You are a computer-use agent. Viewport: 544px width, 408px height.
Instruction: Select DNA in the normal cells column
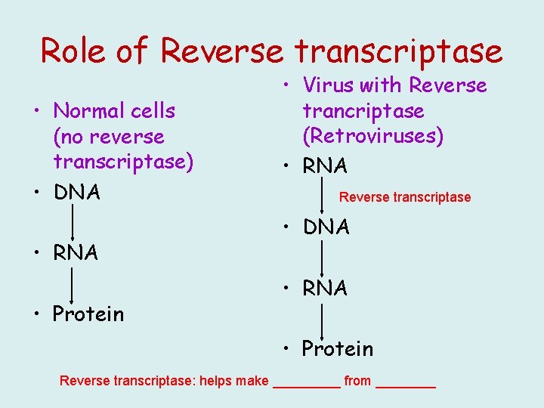(x=76, y=193)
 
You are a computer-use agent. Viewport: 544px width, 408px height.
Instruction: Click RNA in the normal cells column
(x=76, y=253)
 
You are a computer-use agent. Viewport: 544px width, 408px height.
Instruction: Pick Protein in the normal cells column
(x=88, y=314)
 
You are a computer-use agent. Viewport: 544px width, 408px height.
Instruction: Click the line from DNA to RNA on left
(x=73, y=223)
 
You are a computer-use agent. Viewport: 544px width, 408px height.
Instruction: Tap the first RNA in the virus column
(x=325, y=165)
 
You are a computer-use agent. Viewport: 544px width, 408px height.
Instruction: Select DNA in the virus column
(x=326, y=227)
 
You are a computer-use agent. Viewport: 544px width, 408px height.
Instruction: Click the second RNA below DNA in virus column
(x=325, y=288)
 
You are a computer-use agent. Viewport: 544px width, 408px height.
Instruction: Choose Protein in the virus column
(x=337, y=348)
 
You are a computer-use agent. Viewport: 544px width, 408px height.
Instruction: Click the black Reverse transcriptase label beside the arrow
(x=404, y=197)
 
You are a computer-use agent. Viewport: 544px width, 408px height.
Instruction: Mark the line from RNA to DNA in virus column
(x=323, y=196)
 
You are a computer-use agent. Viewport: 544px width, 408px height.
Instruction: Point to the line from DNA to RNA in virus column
(x=323, y=258)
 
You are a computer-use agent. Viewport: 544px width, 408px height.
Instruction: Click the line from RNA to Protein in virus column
(x=323, y=319)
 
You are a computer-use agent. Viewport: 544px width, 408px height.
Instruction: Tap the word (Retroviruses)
(x=373, y=137)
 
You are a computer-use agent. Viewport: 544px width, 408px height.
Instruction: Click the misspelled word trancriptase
(x=363, y=111)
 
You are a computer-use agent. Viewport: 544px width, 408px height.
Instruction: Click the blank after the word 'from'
(x=406, y=382)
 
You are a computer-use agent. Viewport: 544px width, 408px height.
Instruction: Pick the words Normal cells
(x=114, y=111)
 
